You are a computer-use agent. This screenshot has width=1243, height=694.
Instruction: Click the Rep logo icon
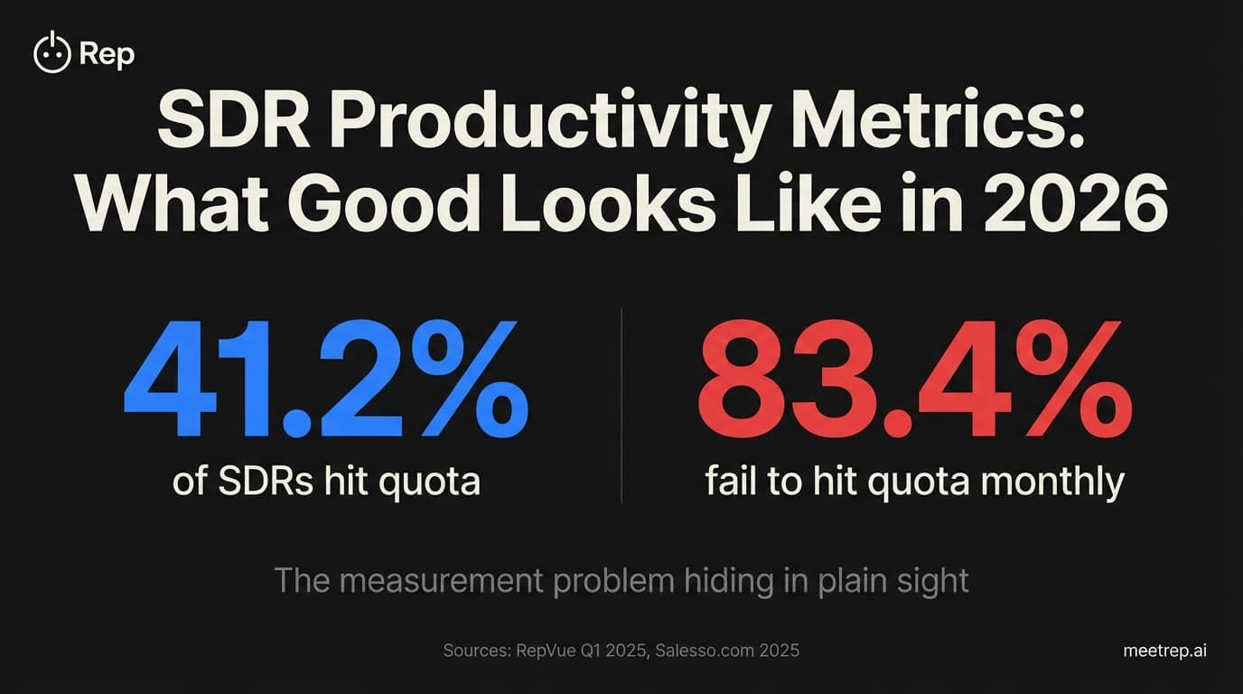click(51, 53)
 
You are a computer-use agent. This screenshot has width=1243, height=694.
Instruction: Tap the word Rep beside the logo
click(107, 54)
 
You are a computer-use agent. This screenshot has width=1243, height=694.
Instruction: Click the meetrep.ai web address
click(1164, 650)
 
